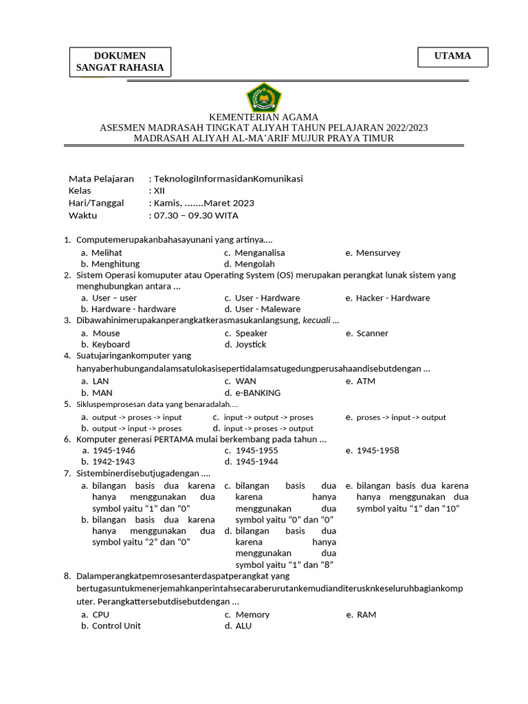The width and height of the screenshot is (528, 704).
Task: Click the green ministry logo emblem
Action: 264,98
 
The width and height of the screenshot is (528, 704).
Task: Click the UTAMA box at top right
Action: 452,56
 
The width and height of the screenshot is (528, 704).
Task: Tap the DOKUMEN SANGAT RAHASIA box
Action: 120,62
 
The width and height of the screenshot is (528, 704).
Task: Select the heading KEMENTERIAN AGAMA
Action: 264,117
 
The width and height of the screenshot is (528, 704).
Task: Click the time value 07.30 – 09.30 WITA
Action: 196,215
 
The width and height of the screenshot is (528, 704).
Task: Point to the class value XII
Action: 159,190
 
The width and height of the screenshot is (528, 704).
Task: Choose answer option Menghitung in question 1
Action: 115,263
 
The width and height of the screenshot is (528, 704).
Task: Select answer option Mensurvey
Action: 377,252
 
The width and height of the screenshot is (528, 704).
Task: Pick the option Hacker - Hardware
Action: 393,298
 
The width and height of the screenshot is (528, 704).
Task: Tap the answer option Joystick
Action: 250,344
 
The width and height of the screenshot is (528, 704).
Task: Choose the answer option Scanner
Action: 372,333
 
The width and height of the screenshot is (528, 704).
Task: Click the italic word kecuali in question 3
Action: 317,320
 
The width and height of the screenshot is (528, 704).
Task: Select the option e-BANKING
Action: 258,393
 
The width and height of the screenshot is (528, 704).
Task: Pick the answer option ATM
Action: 366,381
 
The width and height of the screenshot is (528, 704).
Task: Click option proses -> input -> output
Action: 401,417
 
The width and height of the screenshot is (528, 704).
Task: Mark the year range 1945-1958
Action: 377,450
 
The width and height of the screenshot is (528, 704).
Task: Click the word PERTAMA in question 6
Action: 177,439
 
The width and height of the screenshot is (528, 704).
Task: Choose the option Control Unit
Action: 116,626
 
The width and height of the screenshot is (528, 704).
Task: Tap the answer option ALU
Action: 243,626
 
